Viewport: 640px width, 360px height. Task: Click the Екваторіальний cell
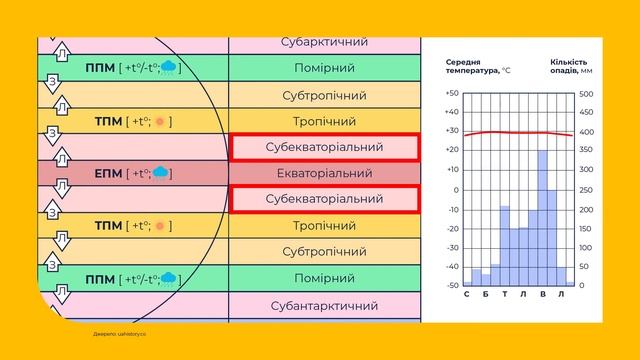click(324, 173)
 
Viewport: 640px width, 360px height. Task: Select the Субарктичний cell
click(324, 43)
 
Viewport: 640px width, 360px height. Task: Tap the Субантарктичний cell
click(324, 303)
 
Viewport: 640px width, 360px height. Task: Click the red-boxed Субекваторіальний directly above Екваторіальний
click(324, 147)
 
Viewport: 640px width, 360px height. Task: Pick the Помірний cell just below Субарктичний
click(324, 69)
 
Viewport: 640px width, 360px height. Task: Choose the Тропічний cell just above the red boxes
click(324, 121)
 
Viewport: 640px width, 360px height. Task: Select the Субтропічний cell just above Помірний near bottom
click(324, 251)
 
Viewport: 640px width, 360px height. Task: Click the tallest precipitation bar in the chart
click(543, 217)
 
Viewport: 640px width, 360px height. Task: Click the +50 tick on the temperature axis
click(452, 94)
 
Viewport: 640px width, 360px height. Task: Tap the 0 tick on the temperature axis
click(456, 190)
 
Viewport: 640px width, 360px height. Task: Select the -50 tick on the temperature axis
click(452, 285)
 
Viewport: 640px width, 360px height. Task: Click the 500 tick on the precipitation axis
click(586, 94)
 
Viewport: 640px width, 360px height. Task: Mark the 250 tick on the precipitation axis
click(586, 190)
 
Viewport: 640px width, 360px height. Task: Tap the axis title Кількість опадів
click(570, 65)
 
